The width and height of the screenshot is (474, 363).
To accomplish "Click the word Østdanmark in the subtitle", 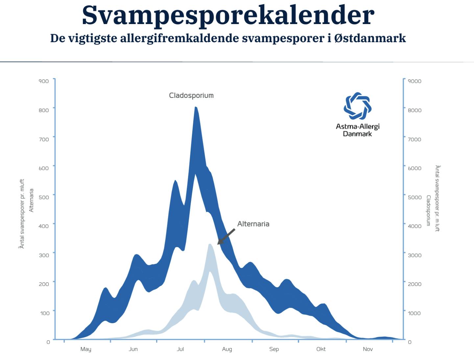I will tap(370, 38).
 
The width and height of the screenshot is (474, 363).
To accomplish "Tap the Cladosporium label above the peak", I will tap(191, 96).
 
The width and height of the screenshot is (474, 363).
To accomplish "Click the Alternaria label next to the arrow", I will tap(253, 224).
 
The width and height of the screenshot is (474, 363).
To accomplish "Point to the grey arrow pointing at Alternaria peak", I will tap(226, 237).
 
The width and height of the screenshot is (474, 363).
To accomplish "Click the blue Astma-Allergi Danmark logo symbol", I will tap(357, 106).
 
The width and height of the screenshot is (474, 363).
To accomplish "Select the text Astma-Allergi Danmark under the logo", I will tap(358, 130).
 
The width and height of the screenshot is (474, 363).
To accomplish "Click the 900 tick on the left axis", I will tap(44, 81).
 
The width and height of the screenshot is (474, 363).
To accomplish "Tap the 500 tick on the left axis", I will tap(44, 197).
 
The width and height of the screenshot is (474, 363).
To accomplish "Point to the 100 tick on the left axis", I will tap(45, 313).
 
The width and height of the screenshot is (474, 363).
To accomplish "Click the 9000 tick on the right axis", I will tap(415, 81).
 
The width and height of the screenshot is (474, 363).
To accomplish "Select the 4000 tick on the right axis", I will tap(415, 226).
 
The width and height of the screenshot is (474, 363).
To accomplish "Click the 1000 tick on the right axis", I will tap(414, 313).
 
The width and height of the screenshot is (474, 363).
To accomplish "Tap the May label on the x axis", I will tap(86, 349).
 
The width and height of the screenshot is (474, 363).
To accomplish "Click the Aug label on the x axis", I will tap(227, 349).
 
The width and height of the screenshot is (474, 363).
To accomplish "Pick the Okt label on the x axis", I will tap(321, 349).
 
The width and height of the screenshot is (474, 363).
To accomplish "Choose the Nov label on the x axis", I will tap(368, 349).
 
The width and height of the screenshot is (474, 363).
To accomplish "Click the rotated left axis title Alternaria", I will tap(32, 200).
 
